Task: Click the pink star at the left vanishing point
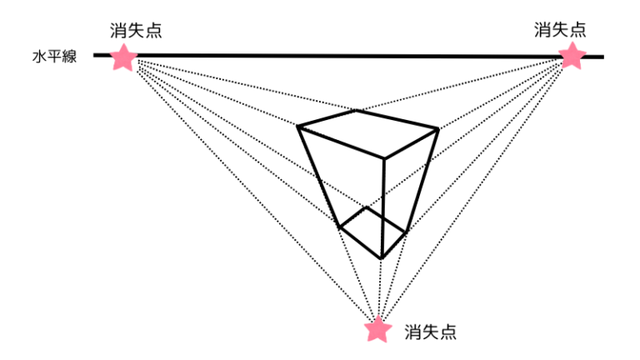pos(123,57)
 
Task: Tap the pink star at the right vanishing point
pos(572,56)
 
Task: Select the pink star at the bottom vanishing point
pos(378,329)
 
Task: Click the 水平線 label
pos(55,57)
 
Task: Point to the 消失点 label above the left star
pos(136,31)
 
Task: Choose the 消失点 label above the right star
pos(560,30)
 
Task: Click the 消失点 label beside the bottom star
pos(431,332)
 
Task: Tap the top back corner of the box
pos(356,110)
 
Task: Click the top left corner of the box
pos(298,127)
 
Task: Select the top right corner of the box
pos(438,130)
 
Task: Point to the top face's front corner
pos(384,157)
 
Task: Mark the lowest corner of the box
pos(381,258)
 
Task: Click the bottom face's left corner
pos(340,227)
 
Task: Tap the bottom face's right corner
pos(407,232)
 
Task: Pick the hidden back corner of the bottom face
pos(367,207)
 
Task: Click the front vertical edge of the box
pos(382,207)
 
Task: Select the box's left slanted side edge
pos(319,177)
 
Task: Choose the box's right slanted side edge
pos(422,181)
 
